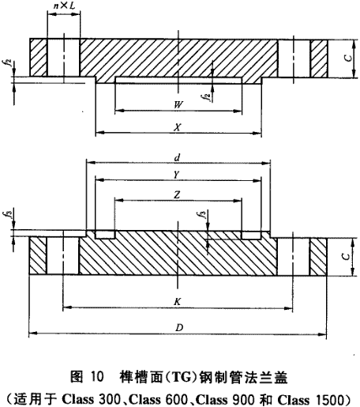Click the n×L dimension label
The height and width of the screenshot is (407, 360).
click(65, 6)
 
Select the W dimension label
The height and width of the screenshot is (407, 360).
click(178, 105)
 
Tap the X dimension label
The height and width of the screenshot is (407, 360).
click(178, 127)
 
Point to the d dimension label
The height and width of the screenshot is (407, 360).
click(178, 158)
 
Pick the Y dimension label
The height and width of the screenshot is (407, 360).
click(178, 175)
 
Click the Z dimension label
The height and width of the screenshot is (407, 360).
click(177, 195)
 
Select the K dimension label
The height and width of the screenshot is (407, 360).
click(178, 302)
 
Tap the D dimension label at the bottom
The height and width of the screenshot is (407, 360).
click(179, 328)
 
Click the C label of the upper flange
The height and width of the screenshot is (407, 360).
click(348, 58)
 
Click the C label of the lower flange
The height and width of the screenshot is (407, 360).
click(347, 256)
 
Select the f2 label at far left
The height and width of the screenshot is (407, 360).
click(9, 63)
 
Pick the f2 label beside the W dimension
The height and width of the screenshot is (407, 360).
click(208, 97)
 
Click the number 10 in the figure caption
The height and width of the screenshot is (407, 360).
click(96, 377)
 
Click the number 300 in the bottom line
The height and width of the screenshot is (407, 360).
click(109, 400)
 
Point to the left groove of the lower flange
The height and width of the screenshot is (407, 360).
click(105, 235)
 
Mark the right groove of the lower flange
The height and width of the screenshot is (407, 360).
click(251, 235)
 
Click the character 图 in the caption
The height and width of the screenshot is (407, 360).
click(77, 377)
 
